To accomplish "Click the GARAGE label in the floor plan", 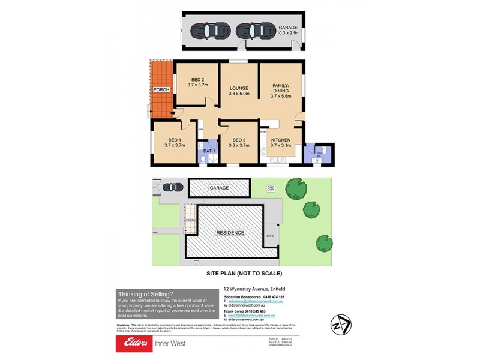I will point(288,28).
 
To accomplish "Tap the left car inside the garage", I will point(206,30).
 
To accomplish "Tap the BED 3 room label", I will point(239,142).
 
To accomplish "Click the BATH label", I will point(209,151).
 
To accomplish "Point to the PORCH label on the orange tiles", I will point(161,89).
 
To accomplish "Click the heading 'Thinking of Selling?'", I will point(146,294).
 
